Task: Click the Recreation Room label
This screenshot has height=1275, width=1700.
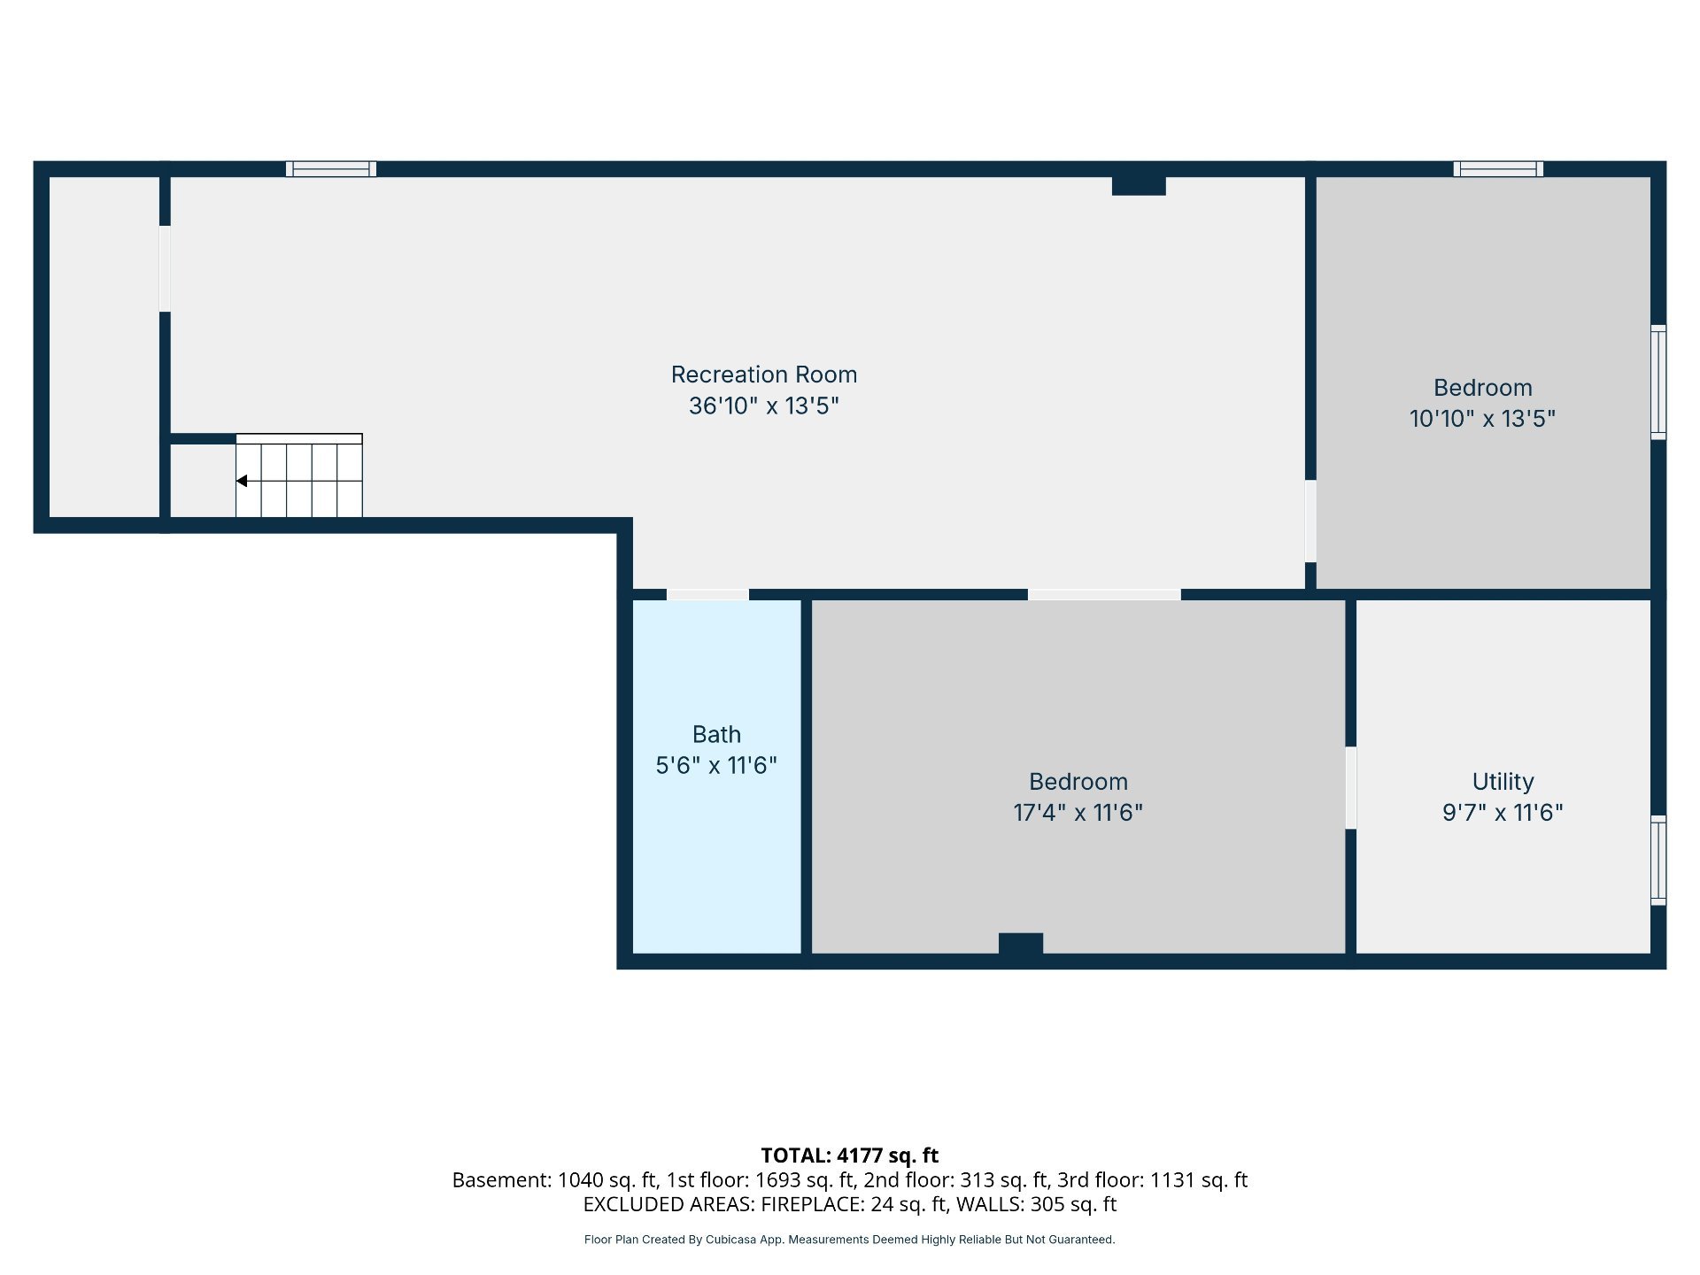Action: click(x=764, y=375)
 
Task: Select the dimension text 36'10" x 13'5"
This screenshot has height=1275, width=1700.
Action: click(x=764, y=406)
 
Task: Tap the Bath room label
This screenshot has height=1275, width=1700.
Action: click(x=716, y=734)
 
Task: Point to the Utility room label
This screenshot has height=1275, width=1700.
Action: click(x=1503, y=782)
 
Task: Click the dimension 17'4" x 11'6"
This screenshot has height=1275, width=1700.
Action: click(x=1078, y=813)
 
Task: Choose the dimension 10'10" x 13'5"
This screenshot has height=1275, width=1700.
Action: click(x=1482, y=419)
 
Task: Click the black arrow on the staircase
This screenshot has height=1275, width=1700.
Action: click(x=242, y=481)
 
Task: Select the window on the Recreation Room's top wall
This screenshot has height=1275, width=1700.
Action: click(x=331, y=169)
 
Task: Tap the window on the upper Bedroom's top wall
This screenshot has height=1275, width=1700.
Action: click(x=1498, y=169)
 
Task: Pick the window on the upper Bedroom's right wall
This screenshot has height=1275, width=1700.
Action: click(x=1658, y=382)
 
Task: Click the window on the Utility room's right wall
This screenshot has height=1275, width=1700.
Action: click(x=1658, y=860)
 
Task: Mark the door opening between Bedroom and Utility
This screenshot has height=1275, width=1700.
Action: click(x=1350, y=788)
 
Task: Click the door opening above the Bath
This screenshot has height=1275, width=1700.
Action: click(x=707, y=594)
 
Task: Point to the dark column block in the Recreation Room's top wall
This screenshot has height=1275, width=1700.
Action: click(x=1139, y=186)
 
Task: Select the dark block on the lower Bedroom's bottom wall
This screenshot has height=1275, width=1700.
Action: click(x=1021, y=944)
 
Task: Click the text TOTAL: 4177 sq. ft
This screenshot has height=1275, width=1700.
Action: click(x=850, y=1155)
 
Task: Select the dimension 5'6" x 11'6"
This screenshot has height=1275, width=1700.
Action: click(x=716, y=765)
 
